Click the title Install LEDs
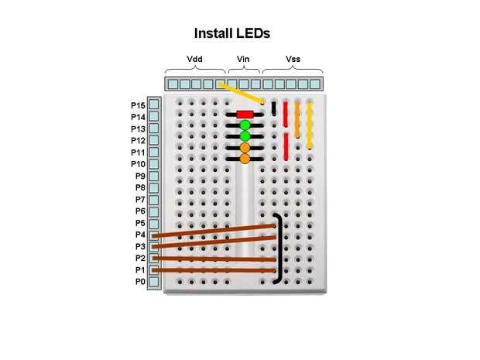click(x=231, y=34)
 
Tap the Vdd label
click(x=195, y=59)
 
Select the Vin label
click(x=243, y=59)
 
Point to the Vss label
click(x=293, y=59)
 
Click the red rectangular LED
click(x=245, y=114)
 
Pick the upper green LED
click(x=245, y=125)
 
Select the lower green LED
click(x=245, y=136)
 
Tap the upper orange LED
click(x=245, y=147)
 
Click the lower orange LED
click(x=245, y=159)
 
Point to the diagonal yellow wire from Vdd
click(x=241, y=92)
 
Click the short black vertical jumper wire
click(x=274, y=109)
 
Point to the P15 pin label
click(x=138, y=105)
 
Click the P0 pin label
click(x=140, y=282)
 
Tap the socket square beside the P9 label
click(x=154, y=176)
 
